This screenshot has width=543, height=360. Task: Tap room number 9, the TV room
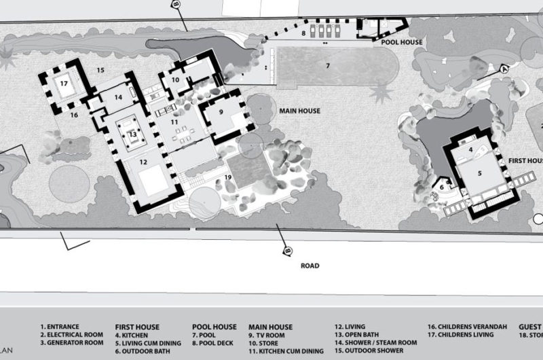click(221, 111)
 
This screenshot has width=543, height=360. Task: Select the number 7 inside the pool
click(327, 66)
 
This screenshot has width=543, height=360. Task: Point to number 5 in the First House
click(480, 173)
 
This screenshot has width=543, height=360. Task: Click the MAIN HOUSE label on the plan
click(299, 111)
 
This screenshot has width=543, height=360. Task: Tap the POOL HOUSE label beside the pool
click(402, 42)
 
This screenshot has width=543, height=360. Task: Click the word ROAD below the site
click(310, 266)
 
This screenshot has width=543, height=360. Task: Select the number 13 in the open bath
click(133, 134)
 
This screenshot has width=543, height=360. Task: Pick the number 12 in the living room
click(144, 162)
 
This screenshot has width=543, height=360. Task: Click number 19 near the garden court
click(228, 177)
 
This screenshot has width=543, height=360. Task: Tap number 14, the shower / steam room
click(118, 97)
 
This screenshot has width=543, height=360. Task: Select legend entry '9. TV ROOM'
click(271, 335)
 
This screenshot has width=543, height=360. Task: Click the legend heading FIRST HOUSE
click(139, 327)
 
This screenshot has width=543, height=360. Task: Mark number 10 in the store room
click(175, 79)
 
